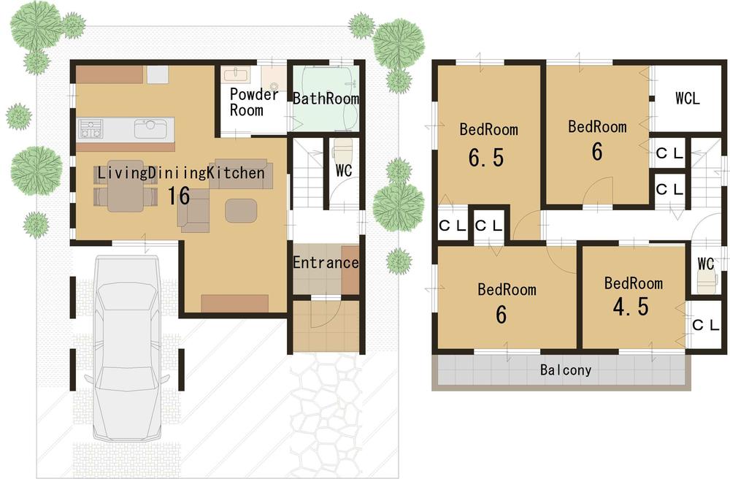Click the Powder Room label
pos(253,102)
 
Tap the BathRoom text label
pos(326,99)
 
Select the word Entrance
pos(326,263)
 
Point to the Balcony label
pos(566,370)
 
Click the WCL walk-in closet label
pos(687,99)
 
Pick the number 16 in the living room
pos(179,196)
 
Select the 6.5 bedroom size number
pos(488,158)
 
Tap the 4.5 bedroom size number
pos(631,307)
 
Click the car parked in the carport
pos(127,350)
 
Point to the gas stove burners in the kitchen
pos(91,129)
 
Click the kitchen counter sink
pos(151,129)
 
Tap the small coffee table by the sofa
pos(241,210)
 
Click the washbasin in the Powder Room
pos(236,75)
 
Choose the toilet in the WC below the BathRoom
pos(342,152)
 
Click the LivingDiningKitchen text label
pos(180,173)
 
